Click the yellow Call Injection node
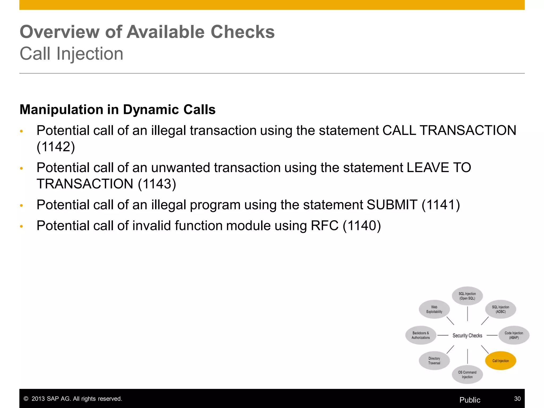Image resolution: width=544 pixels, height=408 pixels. pyautogui.click(x=500, y=361)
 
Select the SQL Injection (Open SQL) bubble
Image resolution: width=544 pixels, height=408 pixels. pyautogui.click(x=467, y=296)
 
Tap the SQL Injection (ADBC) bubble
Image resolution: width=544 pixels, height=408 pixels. pyautogui.click(x=500, y=309)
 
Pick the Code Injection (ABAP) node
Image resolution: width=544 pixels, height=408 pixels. pyautogui.click(x=514, y=335)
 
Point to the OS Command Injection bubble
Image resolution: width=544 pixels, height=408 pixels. pyautogui.click(x=467, y=375)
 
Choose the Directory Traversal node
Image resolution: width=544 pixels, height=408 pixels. pyautogui.click(x=434, y=361)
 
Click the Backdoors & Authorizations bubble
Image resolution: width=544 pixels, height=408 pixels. pyautogui.click(x=421, y=335)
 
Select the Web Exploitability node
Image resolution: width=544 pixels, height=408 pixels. pyautogui.click(x=434, y=309)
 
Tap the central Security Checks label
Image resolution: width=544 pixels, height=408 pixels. pyautogui.click(x=467, y=335)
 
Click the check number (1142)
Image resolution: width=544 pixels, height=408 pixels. pyautogui.click(x=56, y=147)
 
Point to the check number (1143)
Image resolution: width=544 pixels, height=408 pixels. pyautogui.click(x=157, y=184)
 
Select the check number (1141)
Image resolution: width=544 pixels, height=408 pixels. pyautogui.click(x=441, y=205)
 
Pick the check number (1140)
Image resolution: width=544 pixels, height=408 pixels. pyautogui.click(x=362, y=226)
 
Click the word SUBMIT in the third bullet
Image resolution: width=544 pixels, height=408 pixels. pyautogui.click(x=392, y=205)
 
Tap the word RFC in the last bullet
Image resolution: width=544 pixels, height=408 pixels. pyautogui.click(x=325, y=226)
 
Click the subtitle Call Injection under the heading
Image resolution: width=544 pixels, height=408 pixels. pyautogui.click(x=71, y=54)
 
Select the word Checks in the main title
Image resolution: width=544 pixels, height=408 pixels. pyautogui.click(x=243, y=32)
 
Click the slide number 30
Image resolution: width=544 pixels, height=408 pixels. pyautogui.click(x=517, y=399)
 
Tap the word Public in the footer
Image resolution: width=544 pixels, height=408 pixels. pyautogui.click(x=470, y=400)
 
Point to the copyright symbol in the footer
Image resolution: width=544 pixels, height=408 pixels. pyautogui.click(x=26, y=399)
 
